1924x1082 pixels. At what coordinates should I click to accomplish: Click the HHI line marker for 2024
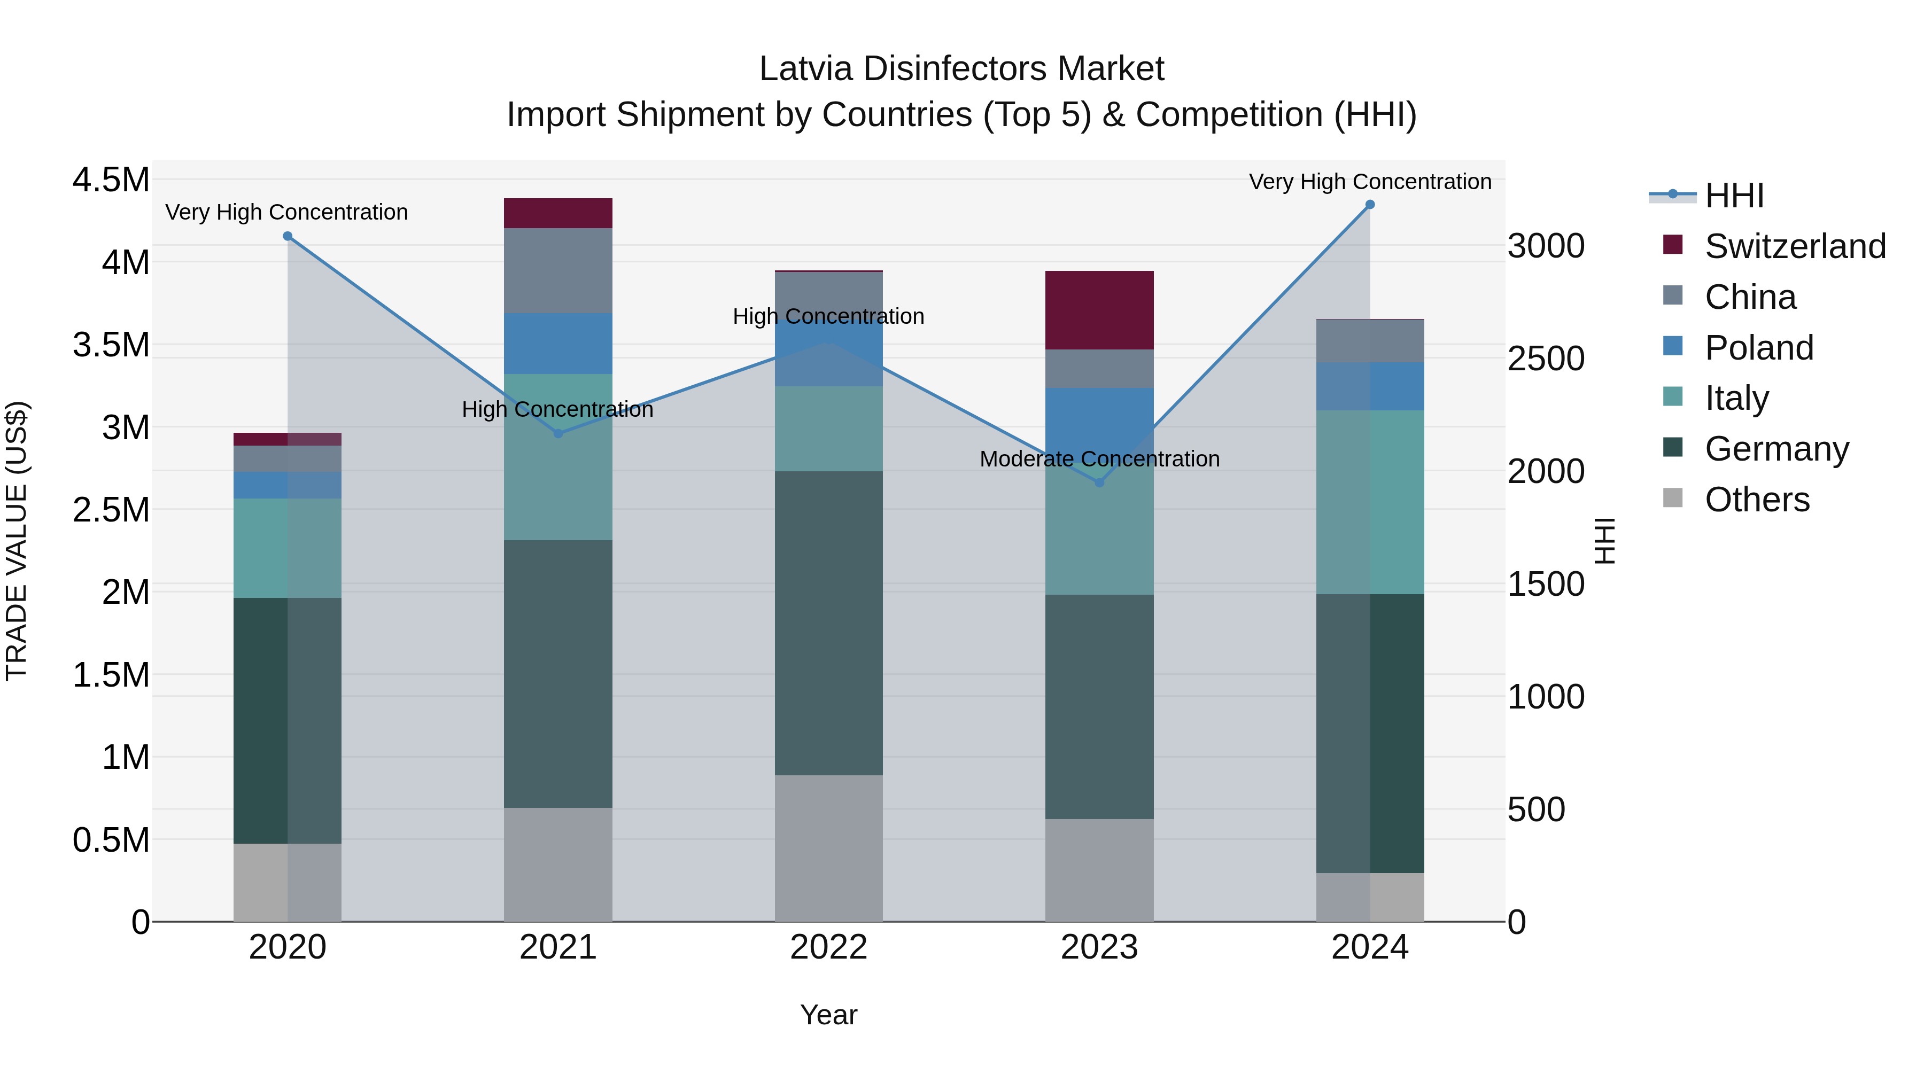point(1369,205)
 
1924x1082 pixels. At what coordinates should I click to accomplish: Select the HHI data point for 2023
point(1099,482)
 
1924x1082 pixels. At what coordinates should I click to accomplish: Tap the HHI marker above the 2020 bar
point(288,237)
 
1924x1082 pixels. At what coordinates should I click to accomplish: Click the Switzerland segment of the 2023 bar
point(1099,310)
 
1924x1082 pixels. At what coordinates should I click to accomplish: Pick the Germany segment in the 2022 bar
point(828,623)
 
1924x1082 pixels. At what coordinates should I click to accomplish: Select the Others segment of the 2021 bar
point(558,864)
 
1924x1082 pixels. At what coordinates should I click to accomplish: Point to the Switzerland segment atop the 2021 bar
point(558,214)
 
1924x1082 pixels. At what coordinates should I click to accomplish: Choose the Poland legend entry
point(1758,348)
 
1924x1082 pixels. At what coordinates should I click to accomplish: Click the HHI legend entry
point(1734,196)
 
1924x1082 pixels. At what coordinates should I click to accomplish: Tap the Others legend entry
point(1757,500)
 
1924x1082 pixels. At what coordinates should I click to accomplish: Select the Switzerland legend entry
point(1795,246)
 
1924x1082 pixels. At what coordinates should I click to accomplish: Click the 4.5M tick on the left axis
point(111,181)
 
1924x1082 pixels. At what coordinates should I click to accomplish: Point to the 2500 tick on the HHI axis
point(1545,359)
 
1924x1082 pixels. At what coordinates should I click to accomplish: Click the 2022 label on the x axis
point(828,947)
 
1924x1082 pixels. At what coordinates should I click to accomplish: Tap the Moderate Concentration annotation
point(1099,459)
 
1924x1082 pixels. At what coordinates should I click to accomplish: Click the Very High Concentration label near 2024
point(1369,182)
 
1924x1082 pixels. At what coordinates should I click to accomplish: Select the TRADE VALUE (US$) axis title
point(17,541)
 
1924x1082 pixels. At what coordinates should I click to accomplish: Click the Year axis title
point(828,1015)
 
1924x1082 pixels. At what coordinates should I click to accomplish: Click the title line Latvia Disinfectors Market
point(961,69)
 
